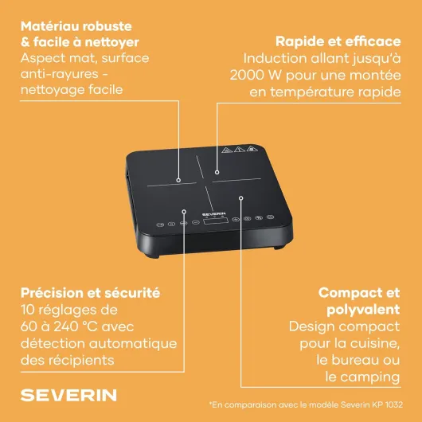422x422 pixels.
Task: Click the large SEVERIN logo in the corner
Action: (x=68, y=395)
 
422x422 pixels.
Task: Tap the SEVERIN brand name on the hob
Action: (x=214, y=214)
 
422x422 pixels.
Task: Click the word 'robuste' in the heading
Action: (x=107, y=26)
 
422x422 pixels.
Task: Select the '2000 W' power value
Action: (x=256, y=75)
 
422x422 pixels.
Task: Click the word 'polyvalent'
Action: (x=363, y=310)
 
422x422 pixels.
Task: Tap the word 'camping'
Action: (x=369, y=377)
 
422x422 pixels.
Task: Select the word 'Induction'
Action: (x=275, y=58)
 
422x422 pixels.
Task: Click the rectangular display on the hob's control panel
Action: (x=216, y=221)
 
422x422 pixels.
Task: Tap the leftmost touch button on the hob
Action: (x=160, y=225)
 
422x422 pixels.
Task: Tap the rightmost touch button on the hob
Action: (x=270, y=217)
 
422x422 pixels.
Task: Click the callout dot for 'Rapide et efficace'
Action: (x=217, y=172)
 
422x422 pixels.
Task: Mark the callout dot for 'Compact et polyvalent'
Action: (x=241, y=198)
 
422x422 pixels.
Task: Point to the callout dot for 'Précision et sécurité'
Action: (x=184, y=212)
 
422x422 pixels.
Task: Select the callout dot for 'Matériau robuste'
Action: (x=178, y=180)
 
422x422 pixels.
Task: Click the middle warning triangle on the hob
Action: (x=239, y=149)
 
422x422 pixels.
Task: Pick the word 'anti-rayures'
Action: (x=60, y=74)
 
